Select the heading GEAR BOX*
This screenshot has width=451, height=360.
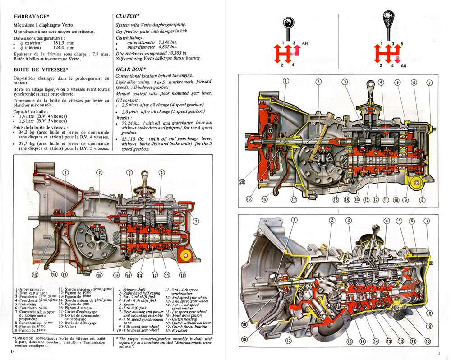point(131,69)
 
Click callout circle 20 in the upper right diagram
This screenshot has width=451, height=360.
point(242,182)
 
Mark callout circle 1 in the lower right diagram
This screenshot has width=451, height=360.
point(295,220)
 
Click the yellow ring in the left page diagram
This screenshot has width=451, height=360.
point(184,256)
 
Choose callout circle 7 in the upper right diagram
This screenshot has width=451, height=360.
point(429,83)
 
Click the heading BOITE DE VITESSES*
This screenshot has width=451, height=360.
point(41,69)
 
